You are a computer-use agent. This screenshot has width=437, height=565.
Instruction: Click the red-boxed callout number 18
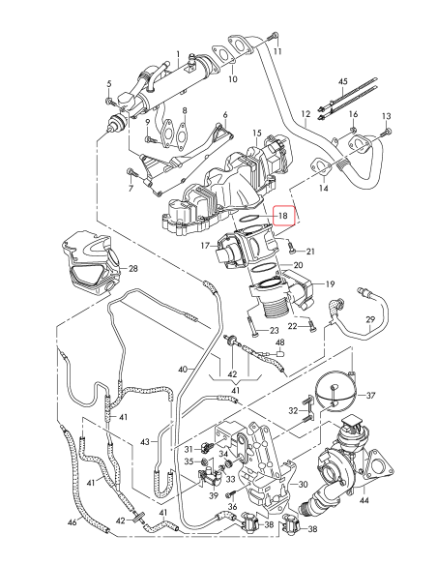[282, 215]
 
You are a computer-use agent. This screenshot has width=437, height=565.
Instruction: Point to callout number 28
[133, 268]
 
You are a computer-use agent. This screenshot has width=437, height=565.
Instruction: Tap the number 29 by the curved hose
[369, 319]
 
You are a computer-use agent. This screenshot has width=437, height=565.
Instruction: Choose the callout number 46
[73, 522]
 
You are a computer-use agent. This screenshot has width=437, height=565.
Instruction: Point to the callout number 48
[279, 343]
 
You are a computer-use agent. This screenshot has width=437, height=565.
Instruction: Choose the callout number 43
[144, 442]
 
